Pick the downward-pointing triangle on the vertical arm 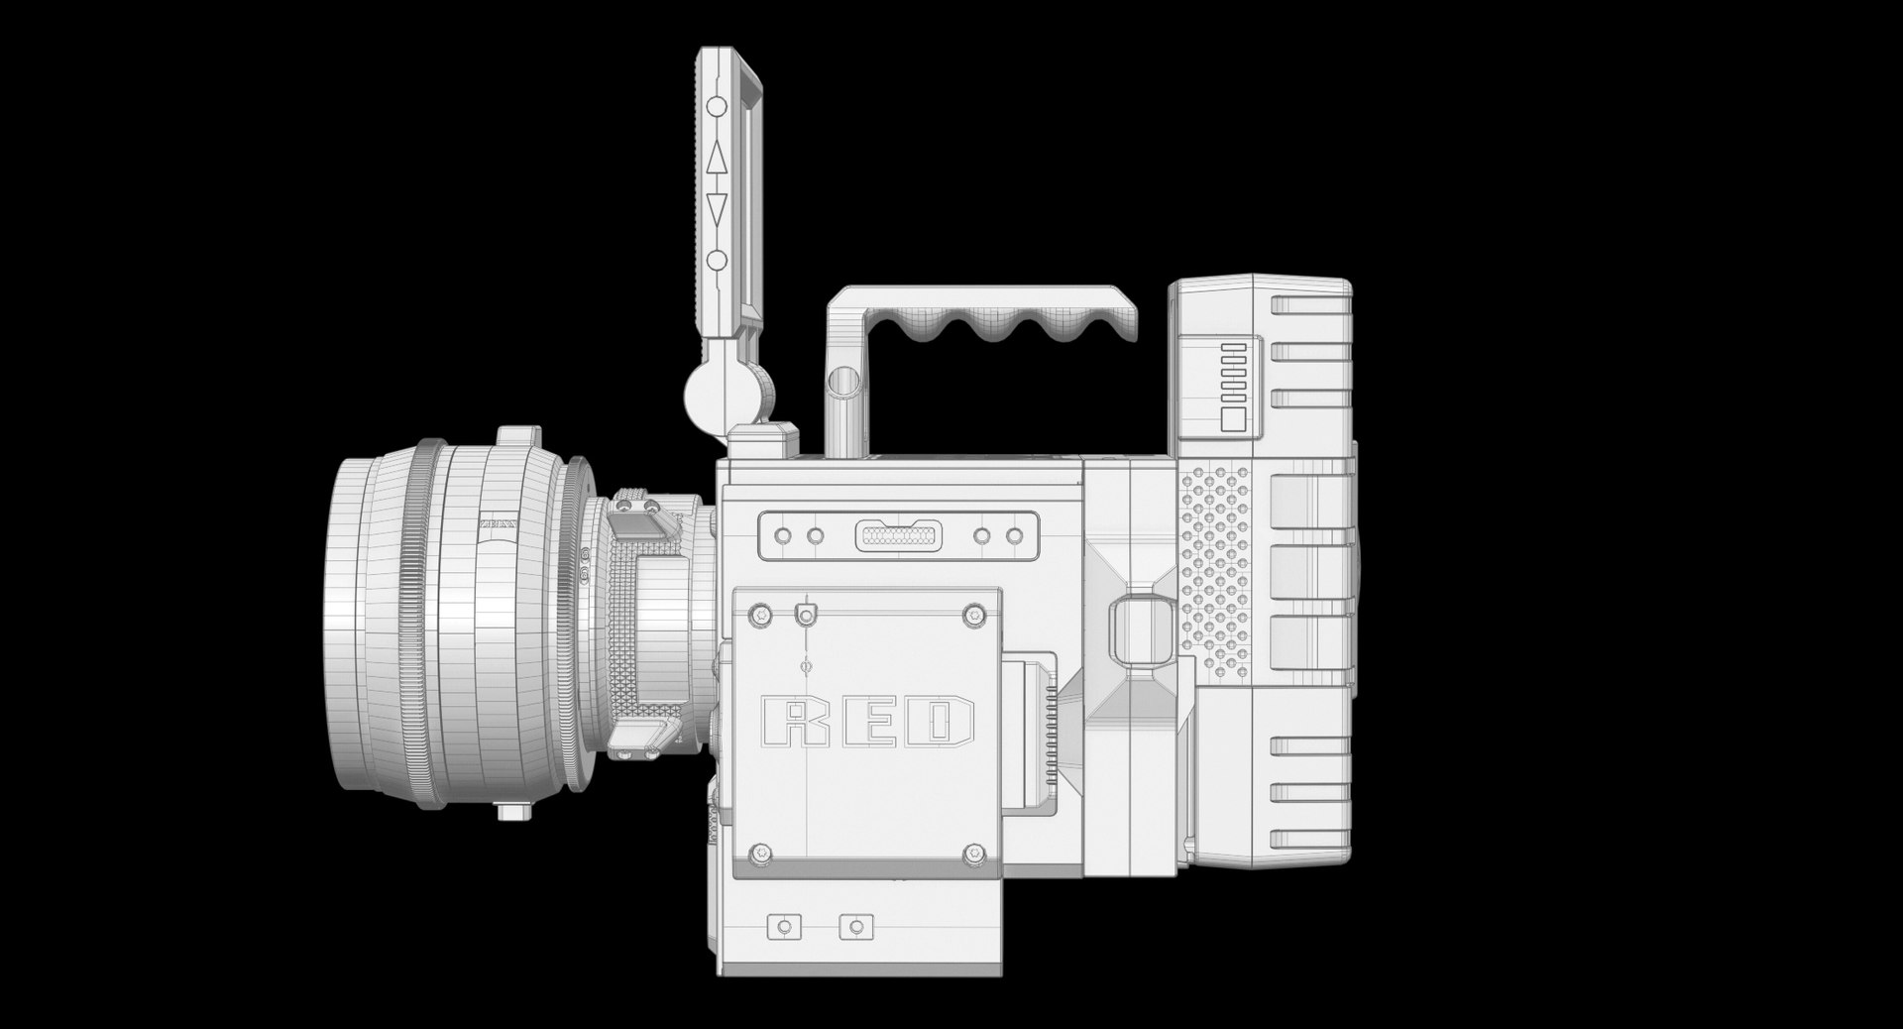[717, 210]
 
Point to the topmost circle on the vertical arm [717, 105]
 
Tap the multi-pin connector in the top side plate [898, 536]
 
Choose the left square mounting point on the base [785, 927]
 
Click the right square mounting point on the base [854, 927]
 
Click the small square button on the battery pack [1233, 418]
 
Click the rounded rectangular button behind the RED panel [1135, 631]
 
